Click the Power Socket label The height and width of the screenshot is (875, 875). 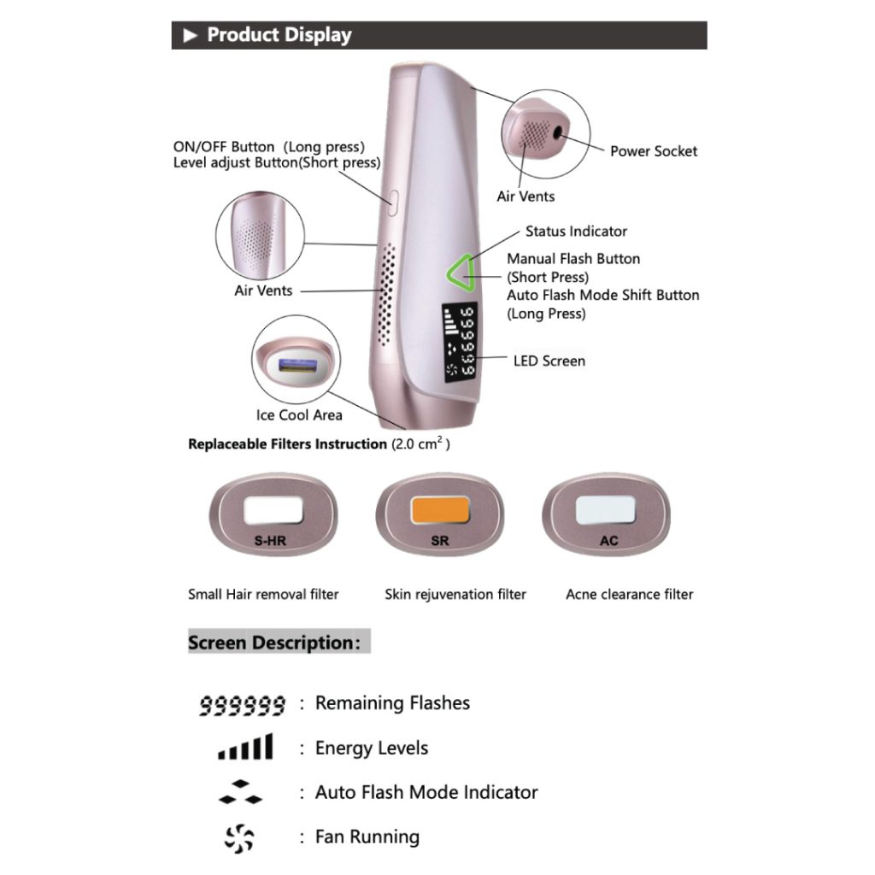pyautogui.click(x=653, y=151)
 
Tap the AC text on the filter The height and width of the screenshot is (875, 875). pyautogui.click(x=609, y=540)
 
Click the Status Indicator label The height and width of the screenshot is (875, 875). pyautogui.click(x=576, y=232)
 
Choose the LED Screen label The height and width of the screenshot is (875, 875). pyautogui.click(x=549, y=361)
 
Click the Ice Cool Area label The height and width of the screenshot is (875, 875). pyautogui.click(x=299, y=415)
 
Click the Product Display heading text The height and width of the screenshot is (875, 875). pyautogui.click(x=279, y=35)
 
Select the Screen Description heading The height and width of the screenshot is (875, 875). pyautogui.click(x=270, y=643)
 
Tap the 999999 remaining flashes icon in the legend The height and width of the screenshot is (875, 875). pyautogui.click(x=242, y=705)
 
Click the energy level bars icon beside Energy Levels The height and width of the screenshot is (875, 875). pyautogui.click(x=245, y=748)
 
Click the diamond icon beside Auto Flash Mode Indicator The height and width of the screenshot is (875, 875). pyautogui.click(x=240, y=793)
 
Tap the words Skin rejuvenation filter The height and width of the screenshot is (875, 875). pyautogui.click(x=455, y=594)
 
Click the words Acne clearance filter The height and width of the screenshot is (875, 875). pyautogui.click(x=629, y=594)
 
